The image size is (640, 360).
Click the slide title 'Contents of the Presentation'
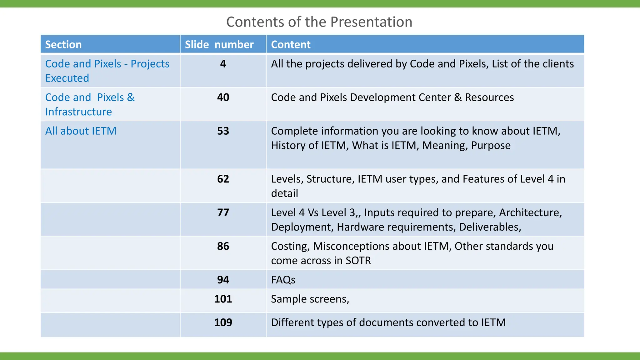(319, 22)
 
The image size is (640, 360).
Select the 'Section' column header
(63, 44)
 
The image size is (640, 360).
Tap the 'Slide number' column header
(219, 44)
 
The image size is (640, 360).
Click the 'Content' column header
(291, 44)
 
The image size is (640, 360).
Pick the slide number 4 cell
(223, 64)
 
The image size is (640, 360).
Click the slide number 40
(223, 97)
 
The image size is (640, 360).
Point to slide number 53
(223, 131)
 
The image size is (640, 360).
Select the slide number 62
(223, 179)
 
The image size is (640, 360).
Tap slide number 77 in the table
(223, 212)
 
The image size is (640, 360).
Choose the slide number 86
(223, 246)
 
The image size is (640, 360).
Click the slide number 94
(223, 280)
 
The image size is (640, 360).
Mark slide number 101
(223, 299)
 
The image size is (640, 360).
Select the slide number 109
(223, 322)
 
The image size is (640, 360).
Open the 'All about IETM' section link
(81, 131)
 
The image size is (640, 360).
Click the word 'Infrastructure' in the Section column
(78, 112)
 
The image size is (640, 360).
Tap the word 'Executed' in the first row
(67, 78)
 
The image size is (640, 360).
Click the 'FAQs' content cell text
(283, 280)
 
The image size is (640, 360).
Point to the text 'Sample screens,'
(310, 299)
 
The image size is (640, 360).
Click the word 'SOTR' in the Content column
(358, 261)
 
